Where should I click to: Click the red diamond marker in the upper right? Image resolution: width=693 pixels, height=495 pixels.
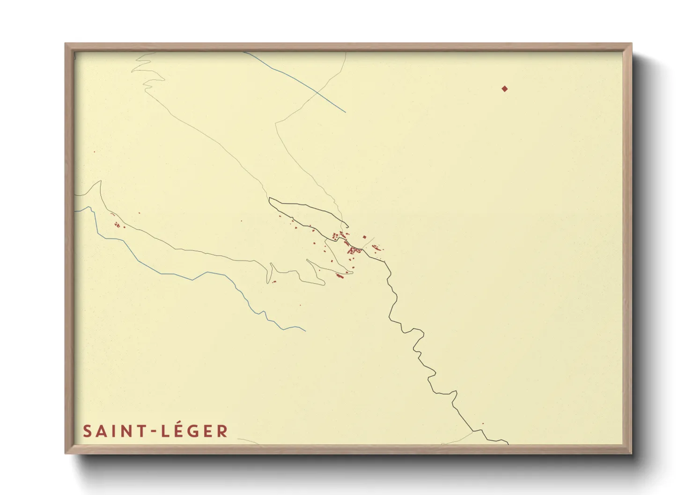(504, 89)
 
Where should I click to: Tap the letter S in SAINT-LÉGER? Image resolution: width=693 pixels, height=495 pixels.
(87, 431)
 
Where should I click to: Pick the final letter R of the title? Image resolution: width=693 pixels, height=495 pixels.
(222, 431)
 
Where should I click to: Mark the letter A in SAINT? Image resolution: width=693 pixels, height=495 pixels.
(100, 431)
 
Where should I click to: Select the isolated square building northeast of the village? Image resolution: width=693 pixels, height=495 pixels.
(364, 237)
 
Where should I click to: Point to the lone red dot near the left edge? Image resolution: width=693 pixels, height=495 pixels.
(94, 152)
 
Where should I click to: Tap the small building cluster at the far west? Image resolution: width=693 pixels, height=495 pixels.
(117, 225)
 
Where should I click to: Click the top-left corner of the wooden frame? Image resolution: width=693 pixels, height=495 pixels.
(66, 45)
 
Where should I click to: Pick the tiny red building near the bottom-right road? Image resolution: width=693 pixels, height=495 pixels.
(483, 424)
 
